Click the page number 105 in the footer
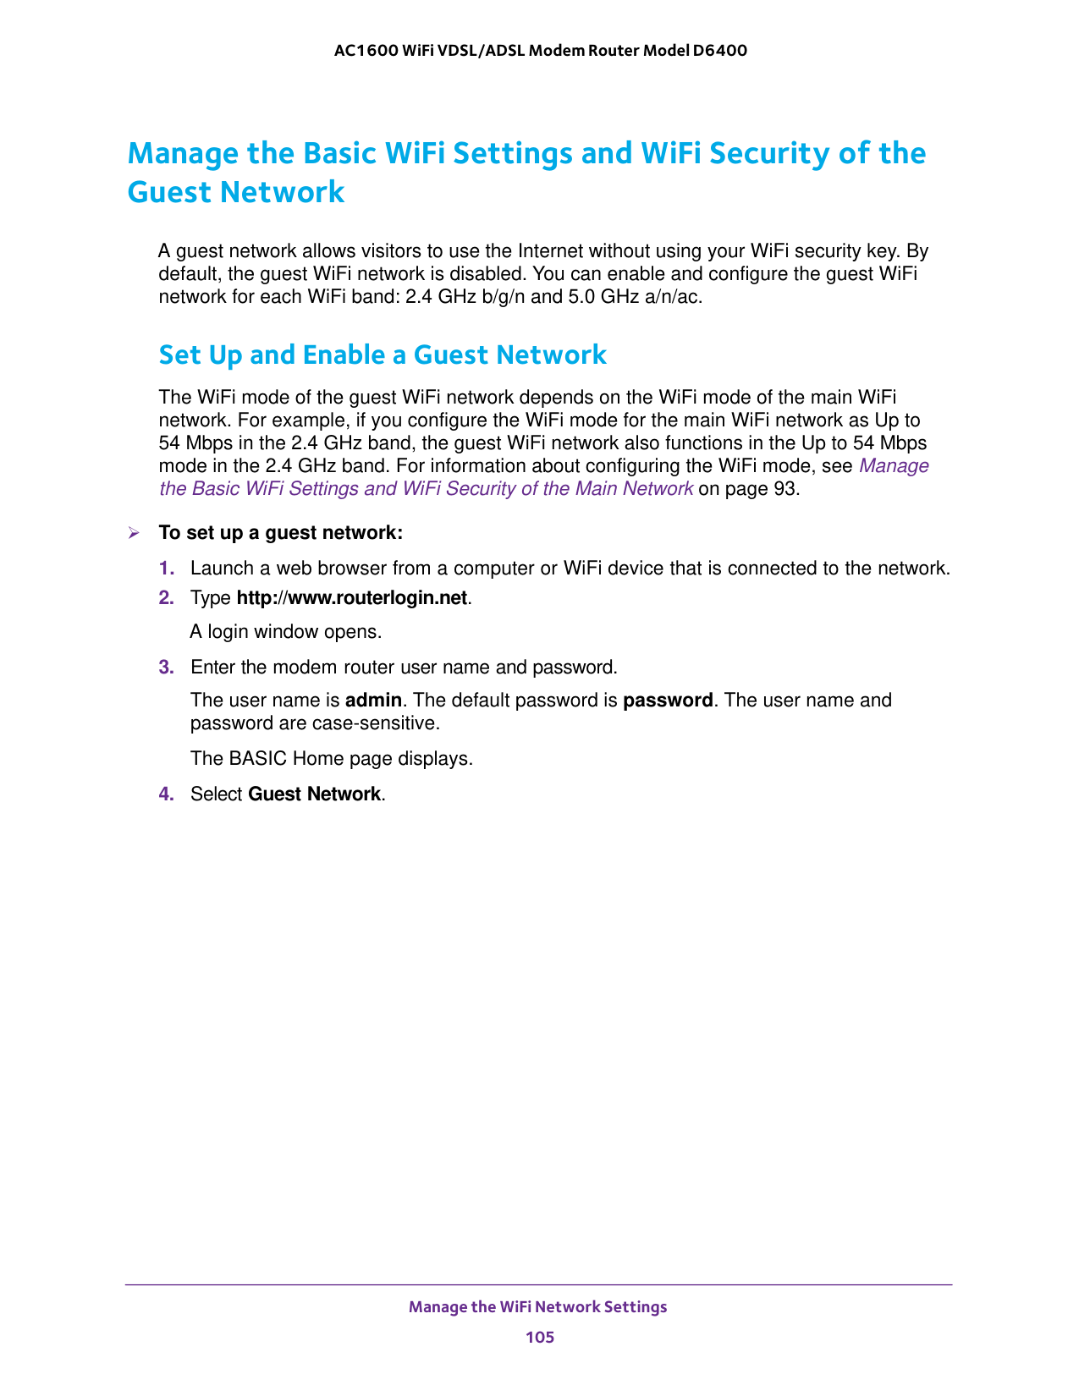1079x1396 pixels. (x=539, y=1337)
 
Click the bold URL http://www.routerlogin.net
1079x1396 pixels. (x=351, y=598)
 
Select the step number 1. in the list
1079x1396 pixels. (x=167, y=569)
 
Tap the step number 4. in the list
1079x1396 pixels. (x=167, y=794)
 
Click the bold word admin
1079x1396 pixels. (x=373, y=701)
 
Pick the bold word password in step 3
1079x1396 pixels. (x=668, y=701)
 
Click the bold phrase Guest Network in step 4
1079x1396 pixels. (x=314, y=794)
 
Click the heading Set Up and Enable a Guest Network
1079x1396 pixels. (x=383, y=354)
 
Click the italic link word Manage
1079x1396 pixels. (x=894, y=466)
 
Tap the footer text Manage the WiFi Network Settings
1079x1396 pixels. (x=537, y=1307)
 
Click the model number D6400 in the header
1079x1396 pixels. (x=719, y=51)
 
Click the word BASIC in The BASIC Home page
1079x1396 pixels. (x=258, y=759)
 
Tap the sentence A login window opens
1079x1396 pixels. (x=286, y=632)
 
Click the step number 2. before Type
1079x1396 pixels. (x=167, y=598)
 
